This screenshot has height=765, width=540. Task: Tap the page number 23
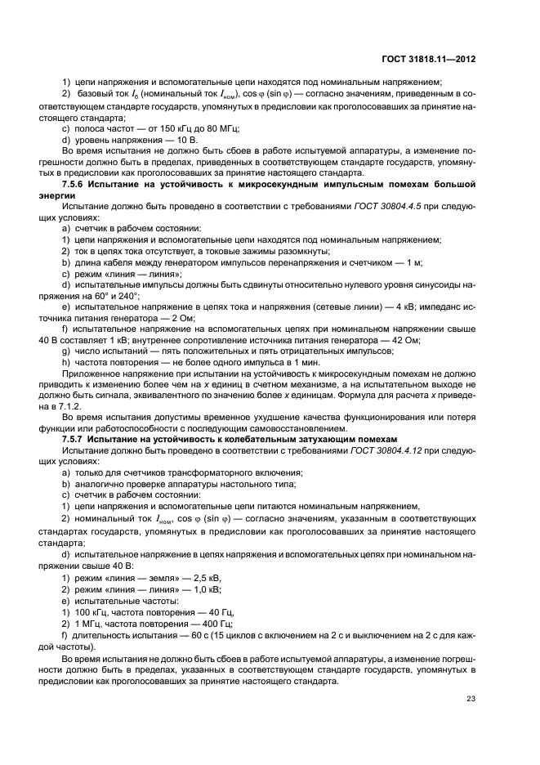coord(471,697)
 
